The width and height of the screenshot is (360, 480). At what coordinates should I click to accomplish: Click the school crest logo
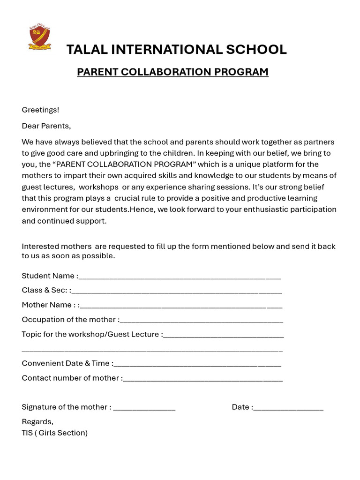pos(39,37)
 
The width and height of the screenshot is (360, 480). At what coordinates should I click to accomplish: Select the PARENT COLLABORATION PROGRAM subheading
pos(172,72)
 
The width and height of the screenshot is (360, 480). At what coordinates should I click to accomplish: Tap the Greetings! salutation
pos(41,110)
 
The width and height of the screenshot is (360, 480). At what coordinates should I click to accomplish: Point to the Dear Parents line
pos(46,126)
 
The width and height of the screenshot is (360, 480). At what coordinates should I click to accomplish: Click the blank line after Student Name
pos(180,277)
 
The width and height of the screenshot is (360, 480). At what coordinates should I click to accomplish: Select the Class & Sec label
pos(45,291)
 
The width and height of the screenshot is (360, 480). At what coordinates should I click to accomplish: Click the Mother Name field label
pos(47,305)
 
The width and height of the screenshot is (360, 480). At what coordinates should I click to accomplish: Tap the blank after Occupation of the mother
pos(202,321)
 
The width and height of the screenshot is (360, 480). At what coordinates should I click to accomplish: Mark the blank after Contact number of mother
pos(203,379)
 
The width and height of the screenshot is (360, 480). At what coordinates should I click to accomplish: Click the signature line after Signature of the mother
pos(144,408)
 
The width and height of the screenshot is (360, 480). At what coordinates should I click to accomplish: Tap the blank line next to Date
pos(288,408)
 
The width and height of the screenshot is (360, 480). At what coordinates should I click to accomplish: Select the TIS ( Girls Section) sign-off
pos(55,433)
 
